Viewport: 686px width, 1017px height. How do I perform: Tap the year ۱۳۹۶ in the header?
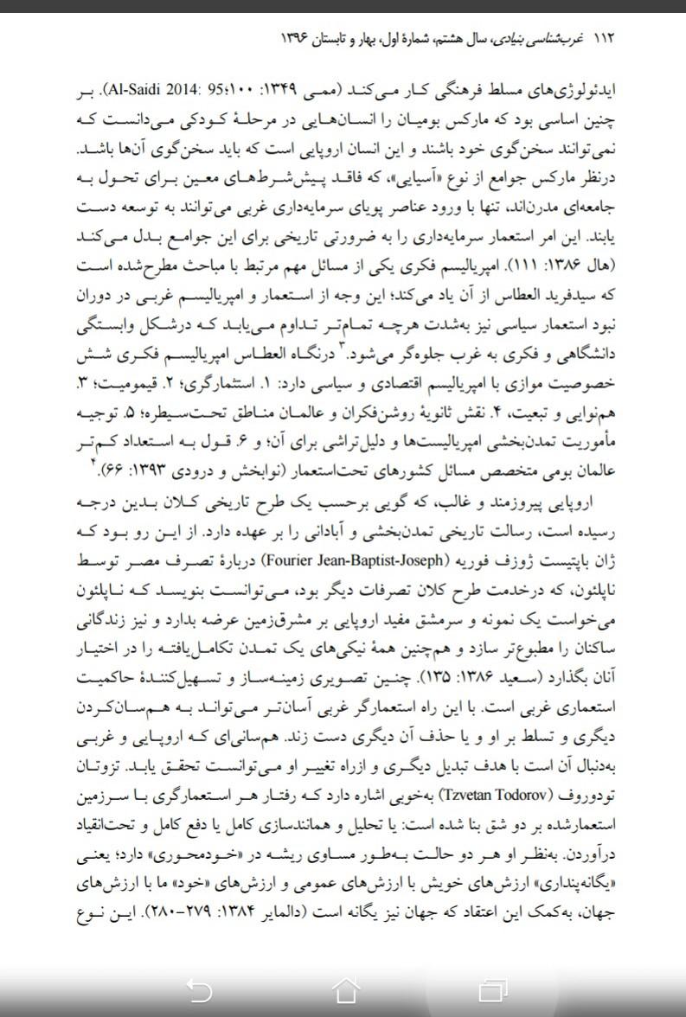click(297, 40)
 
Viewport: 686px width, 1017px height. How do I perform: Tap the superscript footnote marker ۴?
click(92, 464)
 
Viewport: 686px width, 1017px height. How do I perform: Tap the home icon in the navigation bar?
click(344, 988)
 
